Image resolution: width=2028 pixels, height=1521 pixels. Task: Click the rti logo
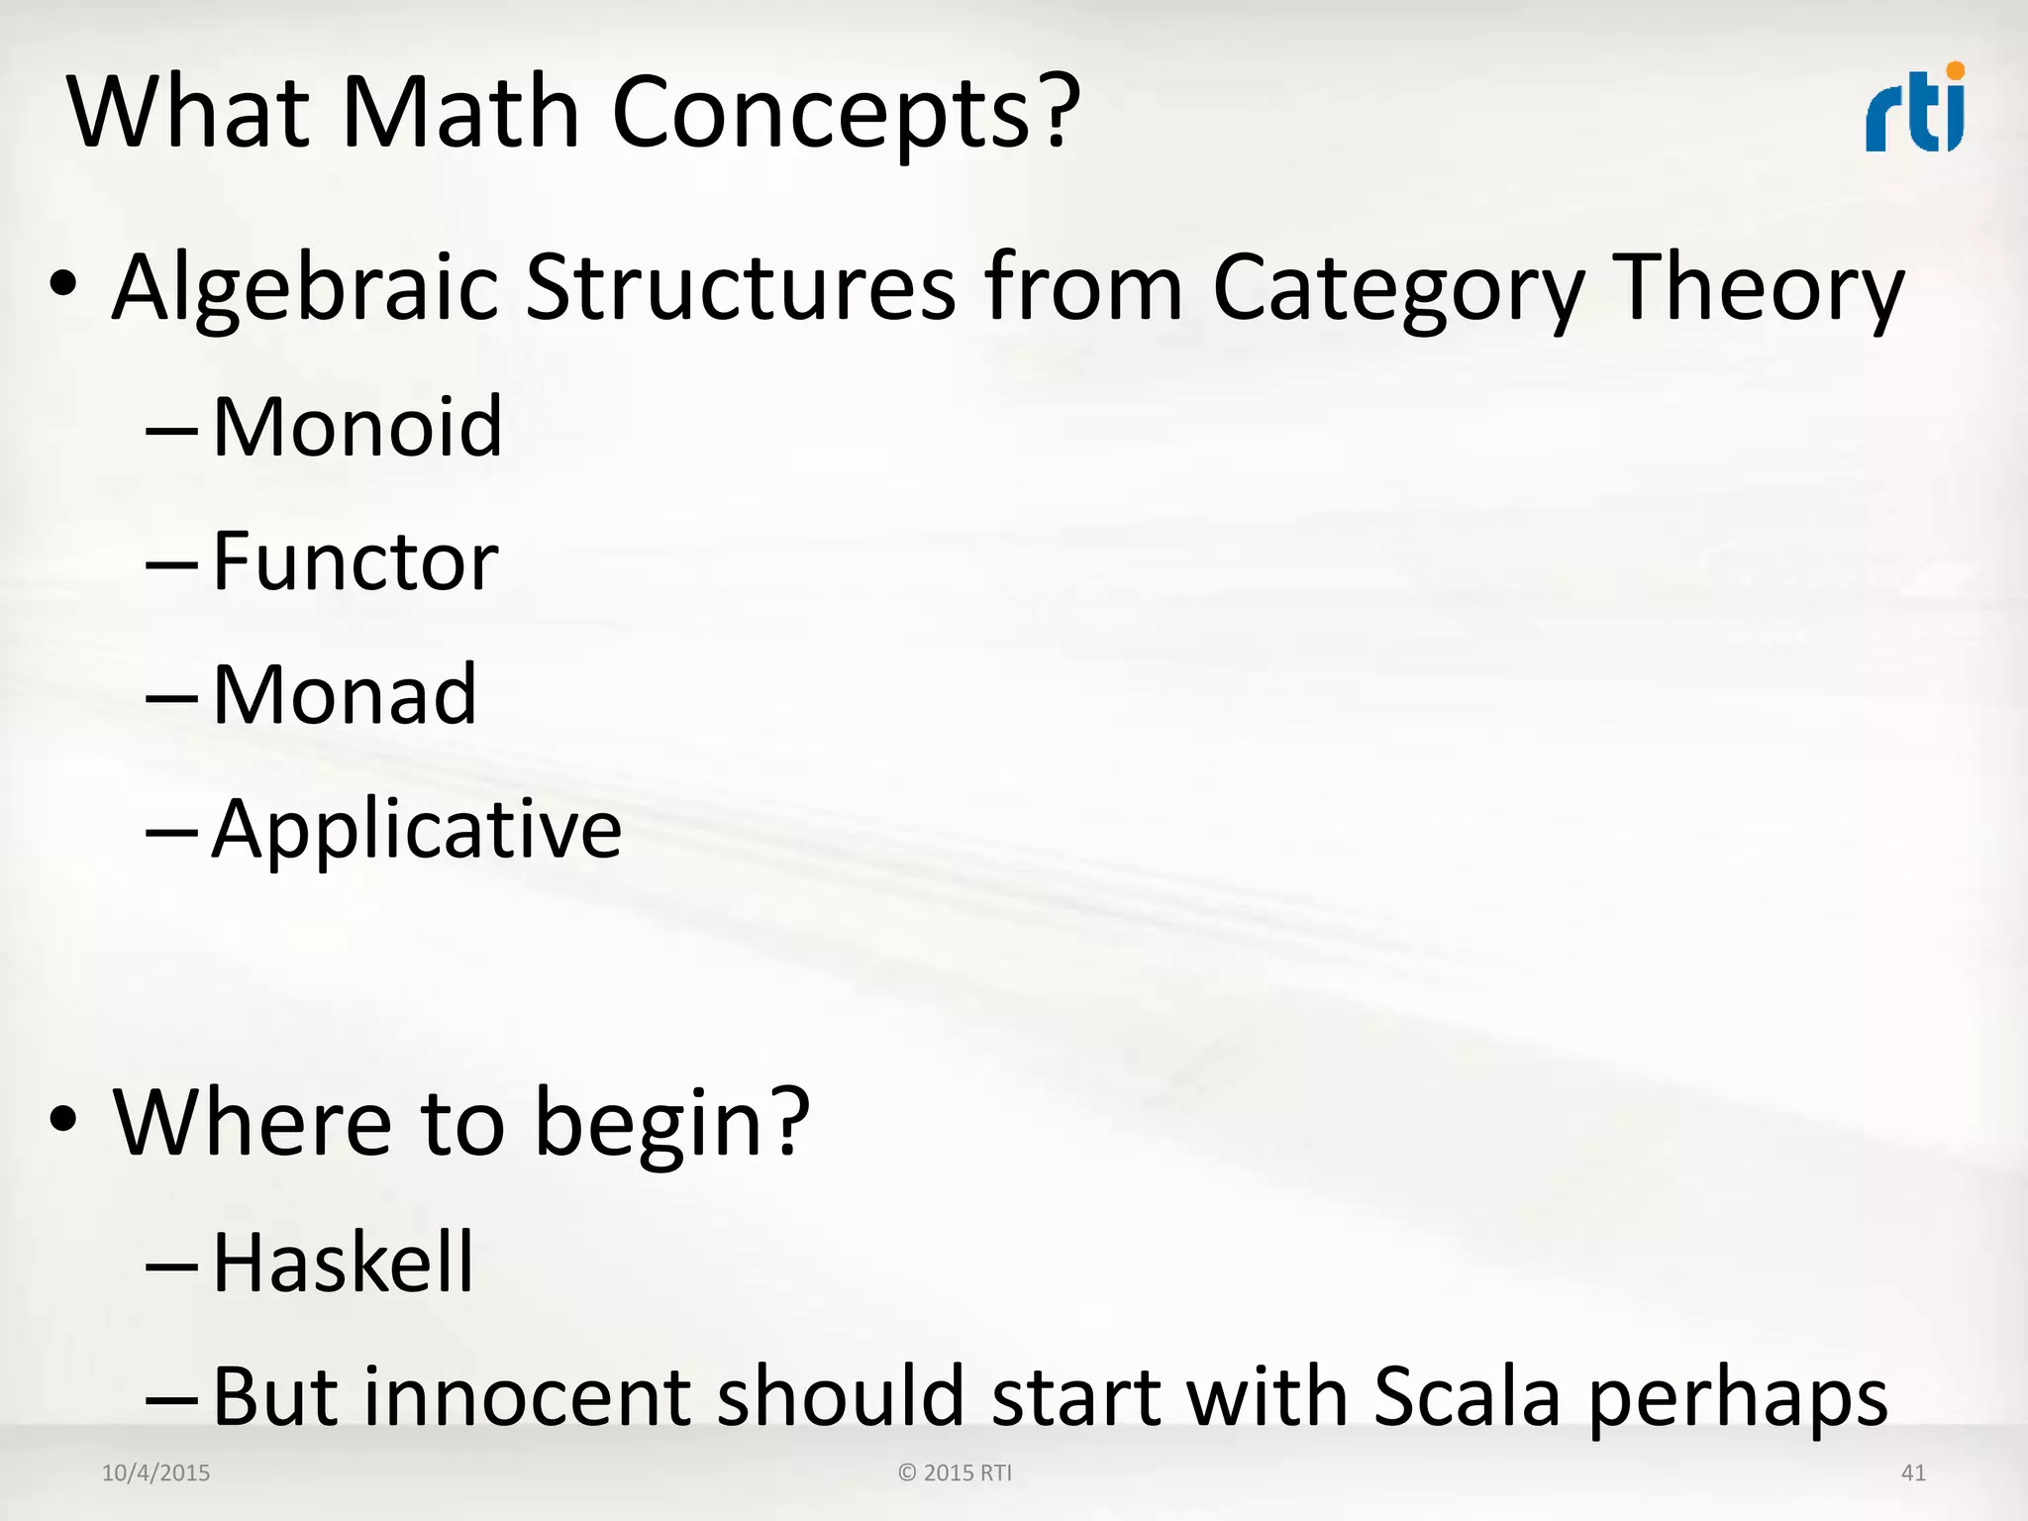(1914, 109)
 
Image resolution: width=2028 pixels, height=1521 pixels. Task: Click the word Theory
(1759, 289)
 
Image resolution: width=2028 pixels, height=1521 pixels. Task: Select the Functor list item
(355, 560)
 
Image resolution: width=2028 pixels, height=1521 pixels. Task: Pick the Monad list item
(345, 694)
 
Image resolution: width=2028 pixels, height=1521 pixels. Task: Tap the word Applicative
(417, 829)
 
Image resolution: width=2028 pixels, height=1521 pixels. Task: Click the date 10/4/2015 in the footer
(155, 1472)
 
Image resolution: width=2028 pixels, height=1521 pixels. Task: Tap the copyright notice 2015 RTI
(956, 1472)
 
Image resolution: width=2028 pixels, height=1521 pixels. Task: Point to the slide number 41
(1913, 1472)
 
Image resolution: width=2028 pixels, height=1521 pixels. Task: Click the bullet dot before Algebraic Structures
(62, 284)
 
